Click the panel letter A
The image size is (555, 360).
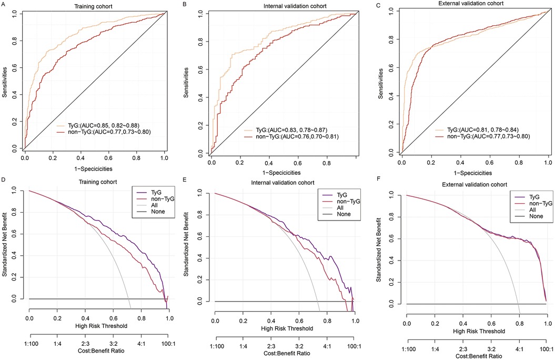pyautogui.click(x=3, y=4)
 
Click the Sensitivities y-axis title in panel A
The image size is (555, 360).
pyautogui.click(x=5, y=79)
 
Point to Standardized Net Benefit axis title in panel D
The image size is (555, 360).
pyautogui.click(x=5, y=247)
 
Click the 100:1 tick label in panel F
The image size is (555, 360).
pyautogui.click(x=547, y=349)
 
